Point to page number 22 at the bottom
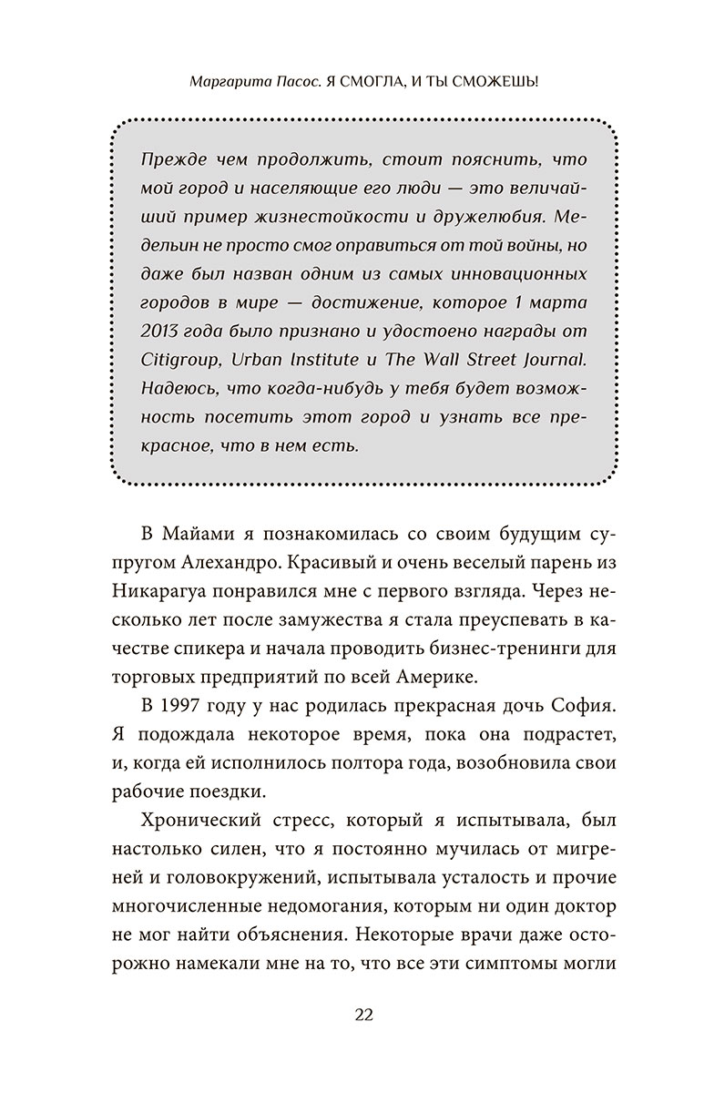click(x=352, y=1015)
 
